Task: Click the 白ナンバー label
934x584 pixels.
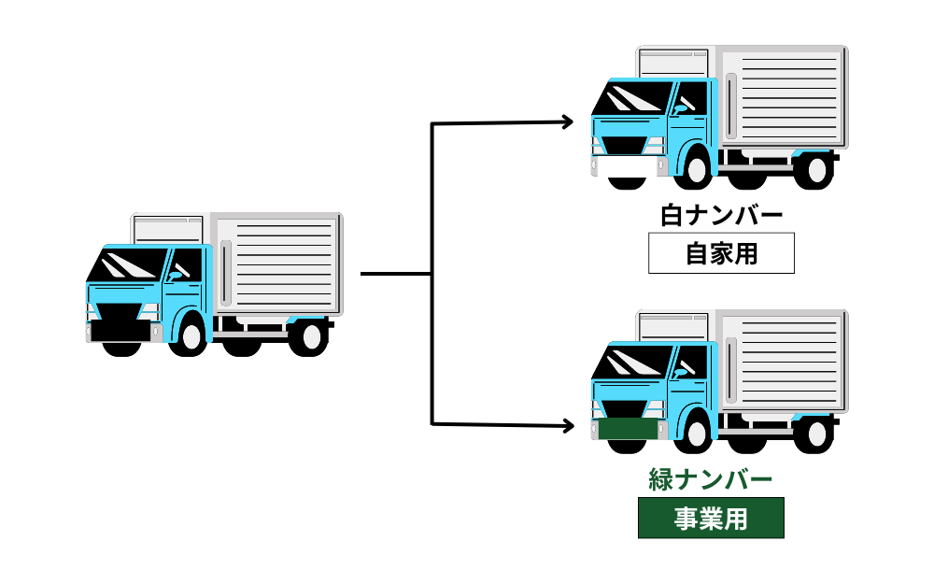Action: tap(721, 216)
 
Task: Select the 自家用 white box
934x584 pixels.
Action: tap(721, 253)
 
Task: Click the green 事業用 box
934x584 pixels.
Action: tap(711, 519)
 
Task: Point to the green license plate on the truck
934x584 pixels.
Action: tap(626, 430)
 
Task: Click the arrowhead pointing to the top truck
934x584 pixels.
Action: tap(566, 121)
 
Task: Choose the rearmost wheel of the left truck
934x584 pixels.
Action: tap(307, 337)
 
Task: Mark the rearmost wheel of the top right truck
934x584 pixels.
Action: tap(816, 171)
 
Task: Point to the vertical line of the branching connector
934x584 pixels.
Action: tap(432, 274)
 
